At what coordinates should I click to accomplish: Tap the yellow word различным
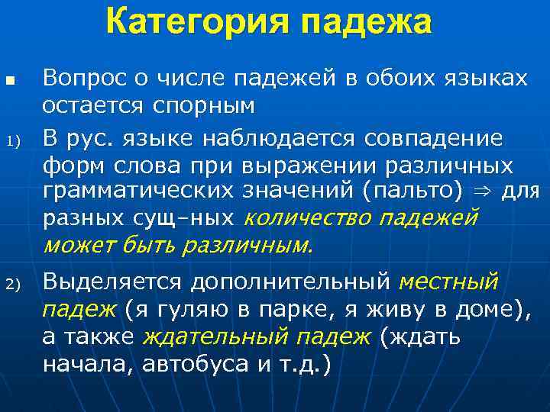pos(251,246)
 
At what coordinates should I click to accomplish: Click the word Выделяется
pos(113,283)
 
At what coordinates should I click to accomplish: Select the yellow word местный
pos(448,283)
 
